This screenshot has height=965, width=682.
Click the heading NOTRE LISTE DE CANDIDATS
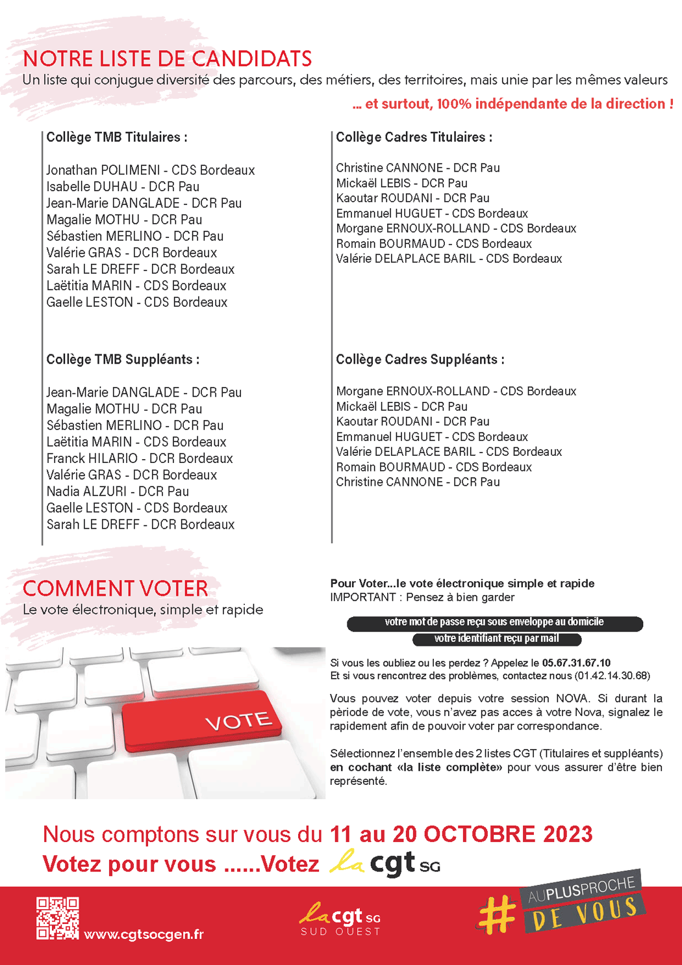(167, 59)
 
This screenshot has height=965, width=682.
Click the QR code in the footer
(57, 918)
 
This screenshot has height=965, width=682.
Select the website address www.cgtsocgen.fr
(144, 934)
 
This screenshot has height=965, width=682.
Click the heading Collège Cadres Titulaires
(414, 137)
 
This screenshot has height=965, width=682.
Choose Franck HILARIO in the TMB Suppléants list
(92, 458)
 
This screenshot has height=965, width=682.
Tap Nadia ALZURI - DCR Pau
(118, 492)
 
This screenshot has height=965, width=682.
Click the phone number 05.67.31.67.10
(576, 663)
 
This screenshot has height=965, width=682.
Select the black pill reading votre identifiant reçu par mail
(496, 639)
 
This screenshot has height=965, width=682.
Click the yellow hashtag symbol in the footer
(497, 914)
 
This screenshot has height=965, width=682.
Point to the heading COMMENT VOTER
(115, 588)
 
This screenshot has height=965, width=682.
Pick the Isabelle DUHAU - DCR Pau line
(123, 187)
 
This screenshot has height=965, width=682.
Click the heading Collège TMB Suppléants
(122, 360)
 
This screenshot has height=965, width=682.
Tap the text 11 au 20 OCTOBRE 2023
(461, 834)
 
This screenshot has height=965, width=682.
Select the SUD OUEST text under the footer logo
(340, 932)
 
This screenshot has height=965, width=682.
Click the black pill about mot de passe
(494, 622)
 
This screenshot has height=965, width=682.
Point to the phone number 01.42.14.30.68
(612, 676)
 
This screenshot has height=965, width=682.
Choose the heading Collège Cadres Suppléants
(420, 360)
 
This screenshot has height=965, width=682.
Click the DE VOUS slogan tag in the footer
(584, 914)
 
